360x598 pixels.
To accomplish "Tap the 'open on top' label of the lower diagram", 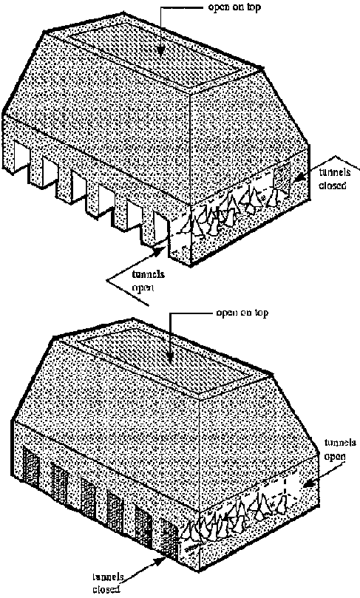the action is [x=242, y=313].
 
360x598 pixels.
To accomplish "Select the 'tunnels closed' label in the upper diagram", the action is [x=334, y=179].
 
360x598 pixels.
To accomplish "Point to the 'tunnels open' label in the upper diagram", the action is [x=149, y=280].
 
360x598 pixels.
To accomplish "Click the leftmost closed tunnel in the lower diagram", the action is [x=32, y=468].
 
